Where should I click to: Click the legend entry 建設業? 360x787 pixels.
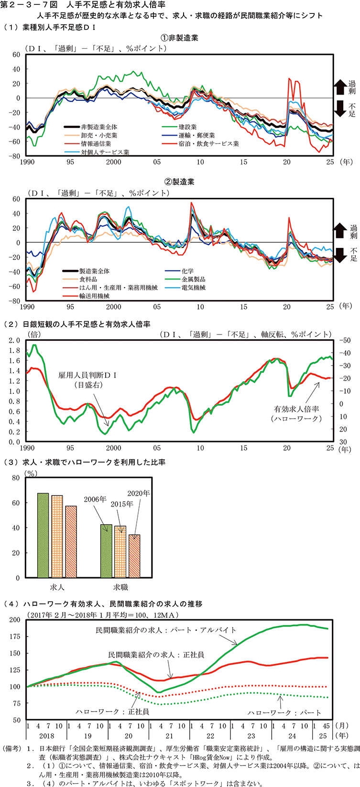pos(188,127)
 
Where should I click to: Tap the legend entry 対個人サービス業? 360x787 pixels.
pos(105,152)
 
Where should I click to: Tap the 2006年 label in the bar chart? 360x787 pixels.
pos(95,499)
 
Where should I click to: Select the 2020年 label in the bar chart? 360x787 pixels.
pos(139,493)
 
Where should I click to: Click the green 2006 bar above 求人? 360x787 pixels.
pos(44,535)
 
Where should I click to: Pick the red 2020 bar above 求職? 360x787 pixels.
pos(134,556)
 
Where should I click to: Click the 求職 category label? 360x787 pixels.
pos(120,587)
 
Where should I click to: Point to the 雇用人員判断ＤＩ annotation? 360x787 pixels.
pos(88,376)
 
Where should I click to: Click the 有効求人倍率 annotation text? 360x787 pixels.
pos(296,410)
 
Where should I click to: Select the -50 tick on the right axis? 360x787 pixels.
pos(344,340)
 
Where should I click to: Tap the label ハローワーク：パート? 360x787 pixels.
pos(284,712)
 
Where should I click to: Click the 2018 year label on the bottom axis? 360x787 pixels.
pos(47,736)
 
